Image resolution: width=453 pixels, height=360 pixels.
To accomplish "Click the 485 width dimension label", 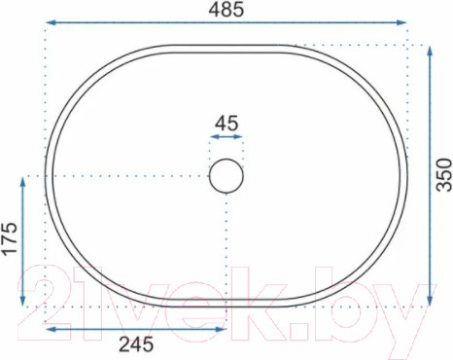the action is (x=226, y=9).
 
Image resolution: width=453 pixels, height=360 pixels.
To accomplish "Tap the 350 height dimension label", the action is (x=444, y=174).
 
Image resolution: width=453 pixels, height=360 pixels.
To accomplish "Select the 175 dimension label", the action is (x=10, y=238).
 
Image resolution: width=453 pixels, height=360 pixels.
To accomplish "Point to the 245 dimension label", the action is (x=136, y=344).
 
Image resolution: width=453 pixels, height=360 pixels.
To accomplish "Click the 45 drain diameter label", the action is (x=226, y=124).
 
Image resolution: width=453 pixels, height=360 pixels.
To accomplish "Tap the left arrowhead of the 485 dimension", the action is (x=51, y=22).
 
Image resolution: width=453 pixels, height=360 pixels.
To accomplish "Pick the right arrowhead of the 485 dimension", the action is (x=401, y=22).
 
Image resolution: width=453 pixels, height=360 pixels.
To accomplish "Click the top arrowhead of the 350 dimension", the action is (x=430, y=52).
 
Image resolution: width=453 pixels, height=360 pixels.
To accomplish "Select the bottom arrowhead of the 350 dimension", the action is (x=430, y=300).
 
